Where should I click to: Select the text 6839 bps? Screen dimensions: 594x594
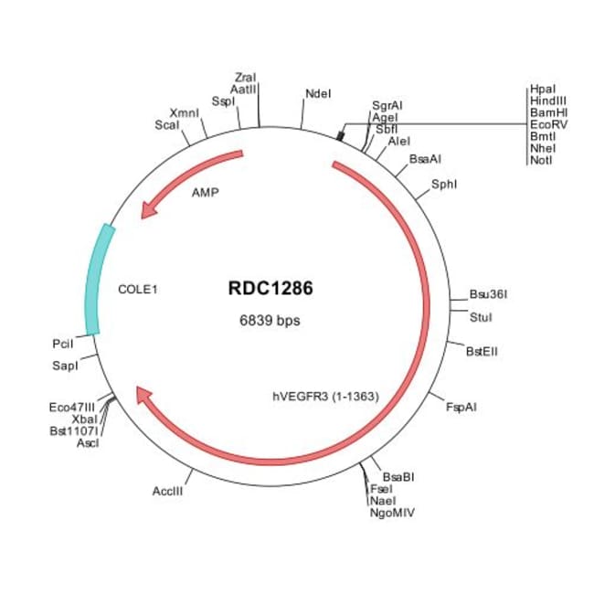[x=270, y=321]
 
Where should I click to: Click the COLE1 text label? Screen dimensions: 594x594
[x=139, y=290]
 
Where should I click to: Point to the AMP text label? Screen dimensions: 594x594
[x=205, y=194]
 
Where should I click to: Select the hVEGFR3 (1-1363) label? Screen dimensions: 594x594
[x=325, y=396]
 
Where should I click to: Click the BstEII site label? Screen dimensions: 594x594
[x=483, y=350]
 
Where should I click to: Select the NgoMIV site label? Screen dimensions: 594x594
[x=392, y=514]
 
